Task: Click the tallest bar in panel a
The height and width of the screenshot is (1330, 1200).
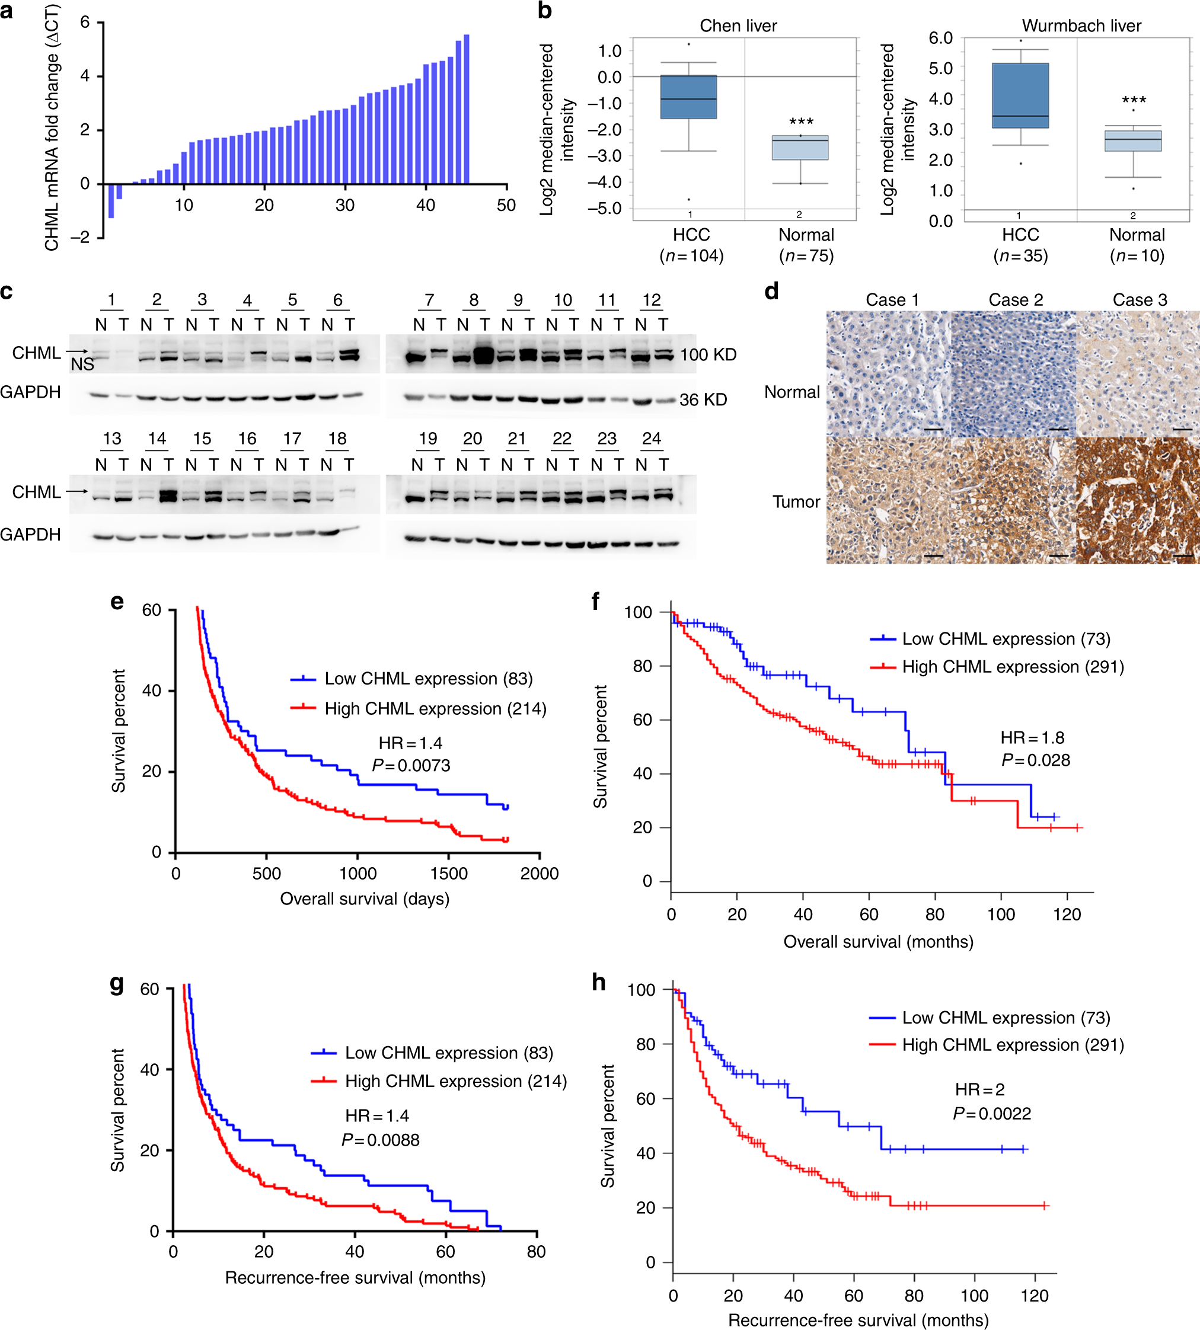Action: [466, 108]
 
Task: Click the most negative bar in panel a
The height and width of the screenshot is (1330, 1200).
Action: [111, 200]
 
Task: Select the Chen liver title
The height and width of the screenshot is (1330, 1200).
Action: [739, 25]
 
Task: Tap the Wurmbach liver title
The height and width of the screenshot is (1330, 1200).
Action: [1081, 25]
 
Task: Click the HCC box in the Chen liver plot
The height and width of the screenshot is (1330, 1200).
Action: [688, 97]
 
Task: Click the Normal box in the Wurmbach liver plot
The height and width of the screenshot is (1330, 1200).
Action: [1134, 141]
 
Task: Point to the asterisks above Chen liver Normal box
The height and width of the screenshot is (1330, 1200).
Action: [801, 122]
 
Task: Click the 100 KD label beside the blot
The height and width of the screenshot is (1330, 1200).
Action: [708, 354]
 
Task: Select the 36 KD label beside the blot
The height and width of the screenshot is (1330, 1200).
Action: [703, 399]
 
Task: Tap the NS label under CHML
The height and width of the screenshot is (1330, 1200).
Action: [82, 365]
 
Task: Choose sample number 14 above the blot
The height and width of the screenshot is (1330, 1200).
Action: [157, 438]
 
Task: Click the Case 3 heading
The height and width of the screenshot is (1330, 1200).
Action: [1140, 300]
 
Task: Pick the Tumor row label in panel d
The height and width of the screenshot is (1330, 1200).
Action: [796, 501]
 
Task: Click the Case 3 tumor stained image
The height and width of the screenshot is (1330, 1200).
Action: [1137, 500]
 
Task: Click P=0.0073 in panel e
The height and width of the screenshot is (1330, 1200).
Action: [411, 765]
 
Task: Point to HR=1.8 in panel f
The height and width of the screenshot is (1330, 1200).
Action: [1033, 737]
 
